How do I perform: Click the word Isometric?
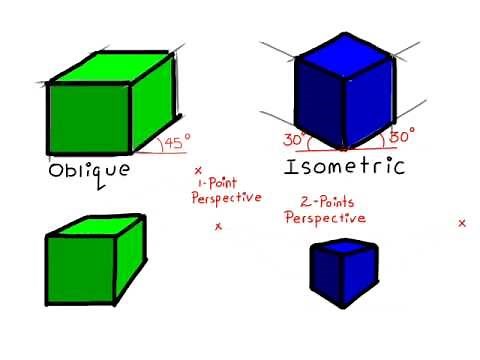click(345, 165)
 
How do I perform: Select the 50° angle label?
click(402, 133)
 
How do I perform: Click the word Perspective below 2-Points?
click(325, 217)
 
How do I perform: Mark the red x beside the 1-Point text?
click(198, 171)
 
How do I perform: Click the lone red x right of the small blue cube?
click(461, 223)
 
